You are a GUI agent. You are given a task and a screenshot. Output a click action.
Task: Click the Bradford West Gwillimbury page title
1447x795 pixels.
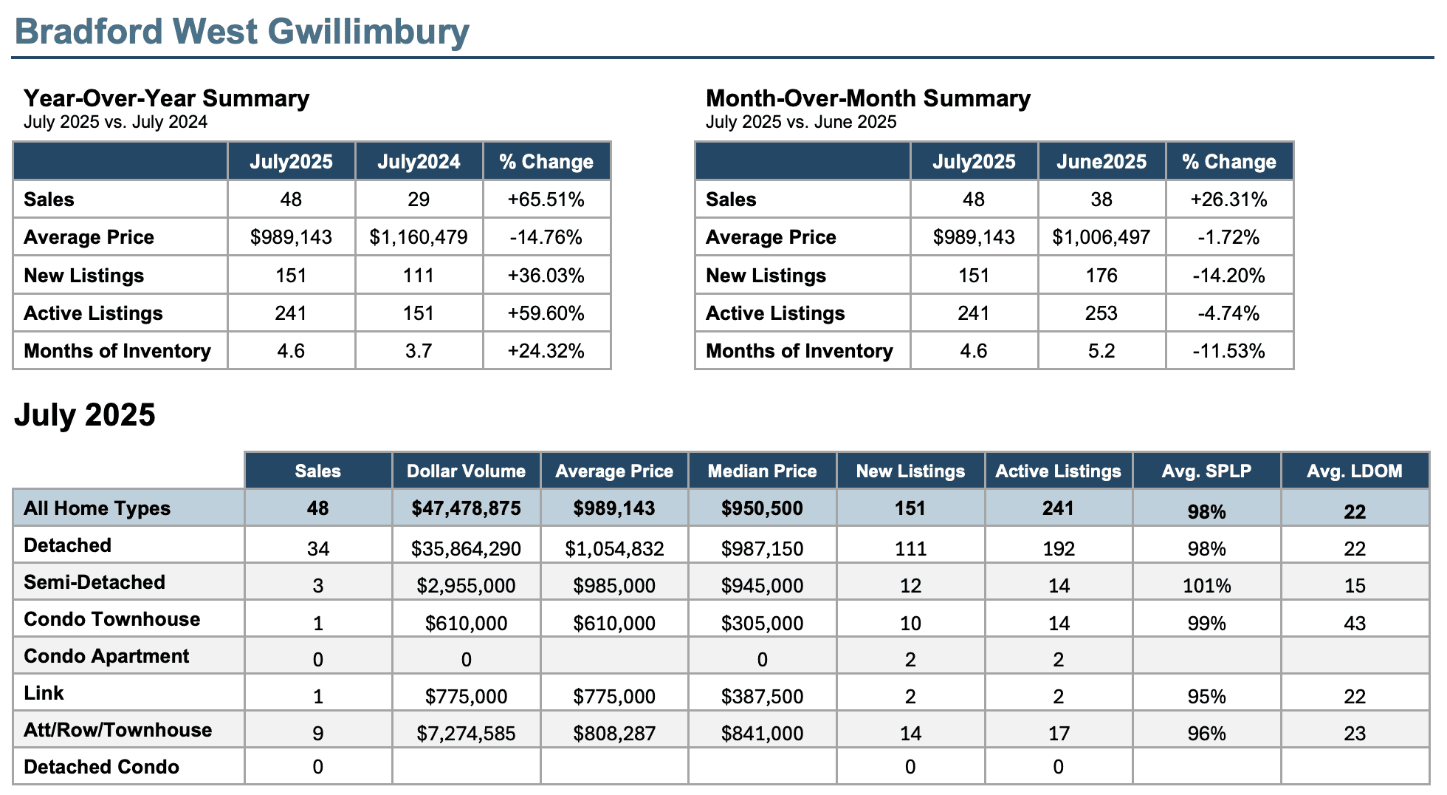pyautogui.click(x=242, y=32)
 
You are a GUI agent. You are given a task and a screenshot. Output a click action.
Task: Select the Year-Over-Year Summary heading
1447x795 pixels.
pyautogui.click(x=166, y=98)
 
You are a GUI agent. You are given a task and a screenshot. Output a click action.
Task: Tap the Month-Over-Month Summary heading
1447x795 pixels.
pyautogui.click(x=868, y=98)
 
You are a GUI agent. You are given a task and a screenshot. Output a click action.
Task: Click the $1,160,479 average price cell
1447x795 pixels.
pyautogui.click(x=419, y=237)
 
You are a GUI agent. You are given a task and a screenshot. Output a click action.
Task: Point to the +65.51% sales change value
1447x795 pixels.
pyautogui.click(x=546, y=199)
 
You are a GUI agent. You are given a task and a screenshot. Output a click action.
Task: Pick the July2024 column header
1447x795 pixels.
pyautogui.click(x=419, y=162)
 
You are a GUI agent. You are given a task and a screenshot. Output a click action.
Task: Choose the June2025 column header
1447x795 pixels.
pyautogui.click(x=1101, y=162)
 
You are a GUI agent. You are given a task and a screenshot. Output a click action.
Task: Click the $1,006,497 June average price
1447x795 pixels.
pyautogui.click(x=1101, y=237)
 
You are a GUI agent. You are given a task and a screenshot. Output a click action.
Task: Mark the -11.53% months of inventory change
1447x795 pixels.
pyautogui.click(x=1229, y=351)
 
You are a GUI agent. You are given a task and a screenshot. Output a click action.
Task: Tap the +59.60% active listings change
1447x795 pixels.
pyautogui.click(x=546, y=313)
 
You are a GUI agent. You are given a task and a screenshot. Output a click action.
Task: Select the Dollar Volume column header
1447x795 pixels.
pyautogui.click(x=467, y=471)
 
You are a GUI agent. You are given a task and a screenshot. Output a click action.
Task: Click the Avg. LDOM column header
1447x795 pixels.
pyautogui.click(x=1355, y=471)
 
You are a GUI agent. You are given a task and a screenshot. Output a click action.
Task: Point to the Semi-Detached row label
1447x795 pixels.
pyautogui.click(x=94, y=582)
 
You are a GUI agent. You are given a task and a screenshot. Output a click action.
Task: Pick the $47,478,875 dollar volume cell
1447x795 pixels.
pyautogui.click(x=467, y=508)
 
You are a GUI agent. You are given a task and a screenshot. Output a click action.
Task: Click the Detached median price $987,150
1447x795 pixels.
pyautogui.click(x=763, y=549)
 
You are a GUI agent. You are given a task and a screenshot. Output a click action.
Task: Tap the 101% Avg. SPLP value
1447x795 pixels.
pyautogui.click(x=1207, y=586)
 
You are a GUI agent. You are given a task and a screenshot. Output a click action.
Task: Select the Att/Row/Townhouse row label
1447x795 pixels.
pyautogui.click(x=118, y=730)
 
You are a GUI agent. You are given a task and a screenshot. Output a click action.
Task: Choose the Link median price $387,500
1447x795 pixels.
pyautogui.click(x=763, y=697)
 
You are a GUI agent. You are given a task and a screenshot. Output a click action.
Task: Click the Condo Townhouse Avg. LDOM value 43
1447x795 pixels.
pyautogui.click(x=1355, y=623)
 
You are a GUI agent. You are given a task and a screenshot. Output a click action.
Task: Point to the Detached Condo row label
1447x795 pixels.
pyautogui.click(x=101, y=767)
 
